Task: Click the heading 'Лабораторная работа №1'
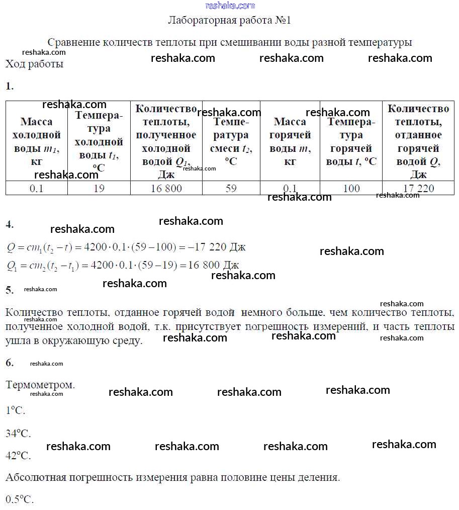(229, 21)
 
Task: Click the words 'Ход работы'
(34, 64)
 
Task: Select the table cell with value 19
(99, 189)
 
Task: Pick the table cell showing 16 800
(166, 189)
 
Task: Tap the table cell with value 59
(231, 189)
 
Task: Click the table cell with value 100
(351, 189)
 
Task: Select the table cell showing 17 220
(418, 189)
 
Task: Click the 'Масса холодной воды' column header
(36, 141)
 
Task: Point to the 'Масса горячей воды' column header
(290, 141)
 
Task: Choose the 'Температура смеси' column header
(231, 141)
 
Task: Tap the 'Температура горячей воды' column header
(351, 141)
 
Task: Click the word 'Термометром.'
(40, 385)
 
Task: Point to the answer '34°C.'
(18, 433)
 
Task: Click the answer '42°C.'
(18, 456)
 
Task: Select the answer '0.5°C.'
(20, 499)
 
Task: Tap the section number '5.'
(10, 290)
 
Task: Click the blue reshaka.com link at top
(230, 6)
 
